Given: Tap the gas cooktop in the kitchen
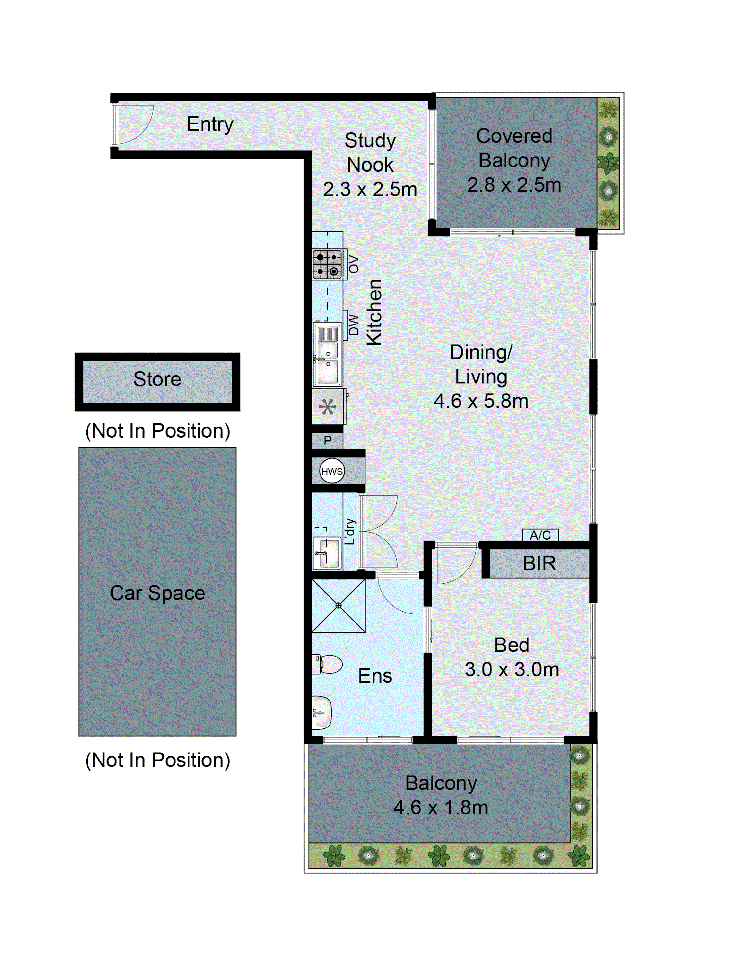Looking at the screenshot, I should [327, 264].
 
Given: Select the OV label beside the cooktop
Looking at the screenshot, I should [353, 264].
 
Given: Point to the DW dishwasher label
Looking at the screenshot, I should [353, 325].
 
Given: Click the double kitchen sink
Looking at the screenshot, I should [327, 354].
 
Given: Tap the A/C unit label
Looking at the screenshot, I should [540, 535].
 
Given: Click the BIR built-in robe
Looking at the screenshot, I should [539, 563].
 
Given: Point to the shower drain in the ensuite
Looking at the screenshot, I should [338, 605].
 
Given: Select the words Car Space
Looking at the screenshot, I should [157, 593].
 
